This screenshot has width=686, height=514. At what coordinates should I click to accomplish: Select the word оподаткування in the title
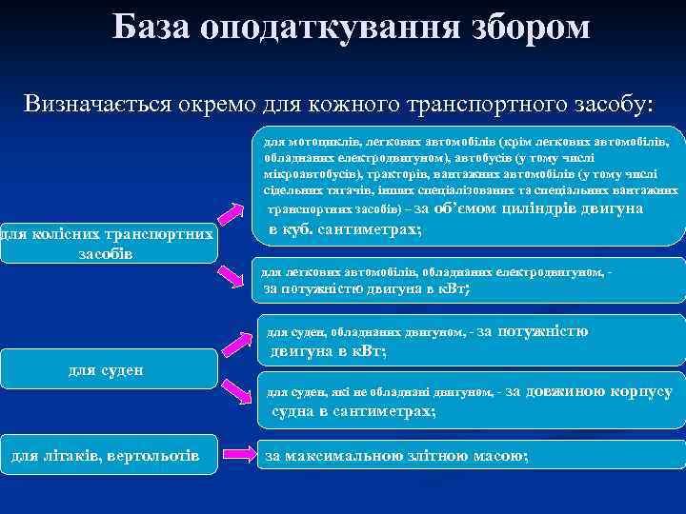(319, 28)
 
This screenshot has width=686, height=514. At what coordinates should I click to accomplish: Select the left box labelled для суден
(107, 368)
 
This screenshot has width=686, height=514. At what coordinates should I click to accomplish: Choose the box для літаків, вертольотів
(107, 458)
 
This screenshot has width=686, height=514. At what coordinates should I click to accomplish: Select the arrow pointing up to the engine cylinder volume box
(234, 214)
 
